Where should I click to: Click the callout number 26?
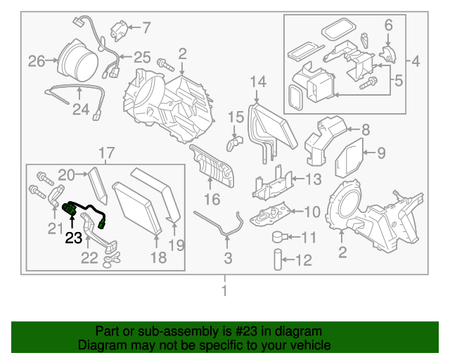tap(36, 61)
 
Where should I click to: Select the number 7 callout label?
tap(146, 28)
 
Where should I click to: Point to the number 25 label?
tap(142, 56)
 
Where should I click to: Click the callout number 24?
tap(81, 109)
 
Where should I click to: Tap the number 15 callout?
tap(235, 116)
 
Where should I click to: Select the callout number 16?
tap(212, 200)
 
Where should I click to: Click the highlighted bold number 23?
tap(74, 238)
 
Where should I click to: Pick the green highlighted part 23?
tap(71, 209)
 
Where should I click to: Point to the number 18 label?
tap(158, 258)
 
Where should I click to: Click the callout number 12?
tap(302, 262)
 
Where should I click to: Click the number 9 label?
tap(380, 153)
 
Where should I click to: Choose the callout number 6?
tap(388, 25)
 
